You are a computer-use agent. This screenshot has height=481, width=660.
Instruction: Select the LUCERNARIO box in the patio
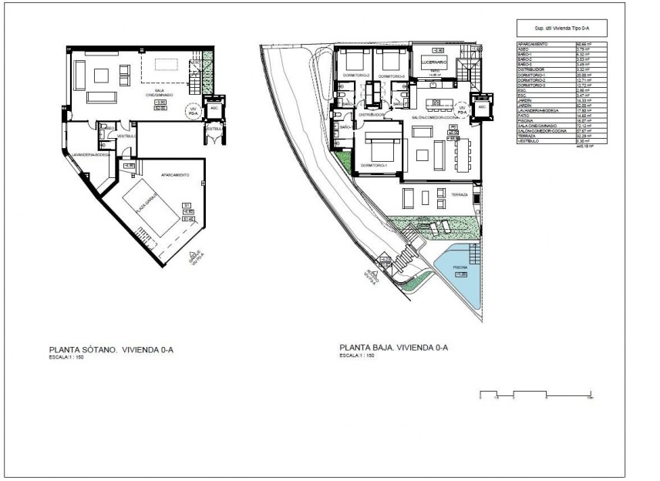tap(435, 61)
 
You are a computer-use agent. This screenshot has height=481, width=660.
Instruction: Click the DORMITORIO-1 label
tap(373, 166)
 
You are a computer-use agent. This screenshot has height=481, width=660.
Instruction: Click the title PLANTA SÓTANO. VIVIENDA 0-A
tap(111, 349)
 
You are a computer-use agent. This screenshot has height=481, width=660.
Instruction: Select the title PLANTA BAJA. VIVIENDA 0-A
tap(393, 348)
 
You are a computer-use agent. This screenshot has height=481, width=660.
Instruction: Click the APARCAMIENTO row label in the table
tap(534, 45)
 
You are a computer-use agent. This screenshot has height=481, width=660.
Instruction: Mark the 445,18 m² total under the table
tap(585, 146)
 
